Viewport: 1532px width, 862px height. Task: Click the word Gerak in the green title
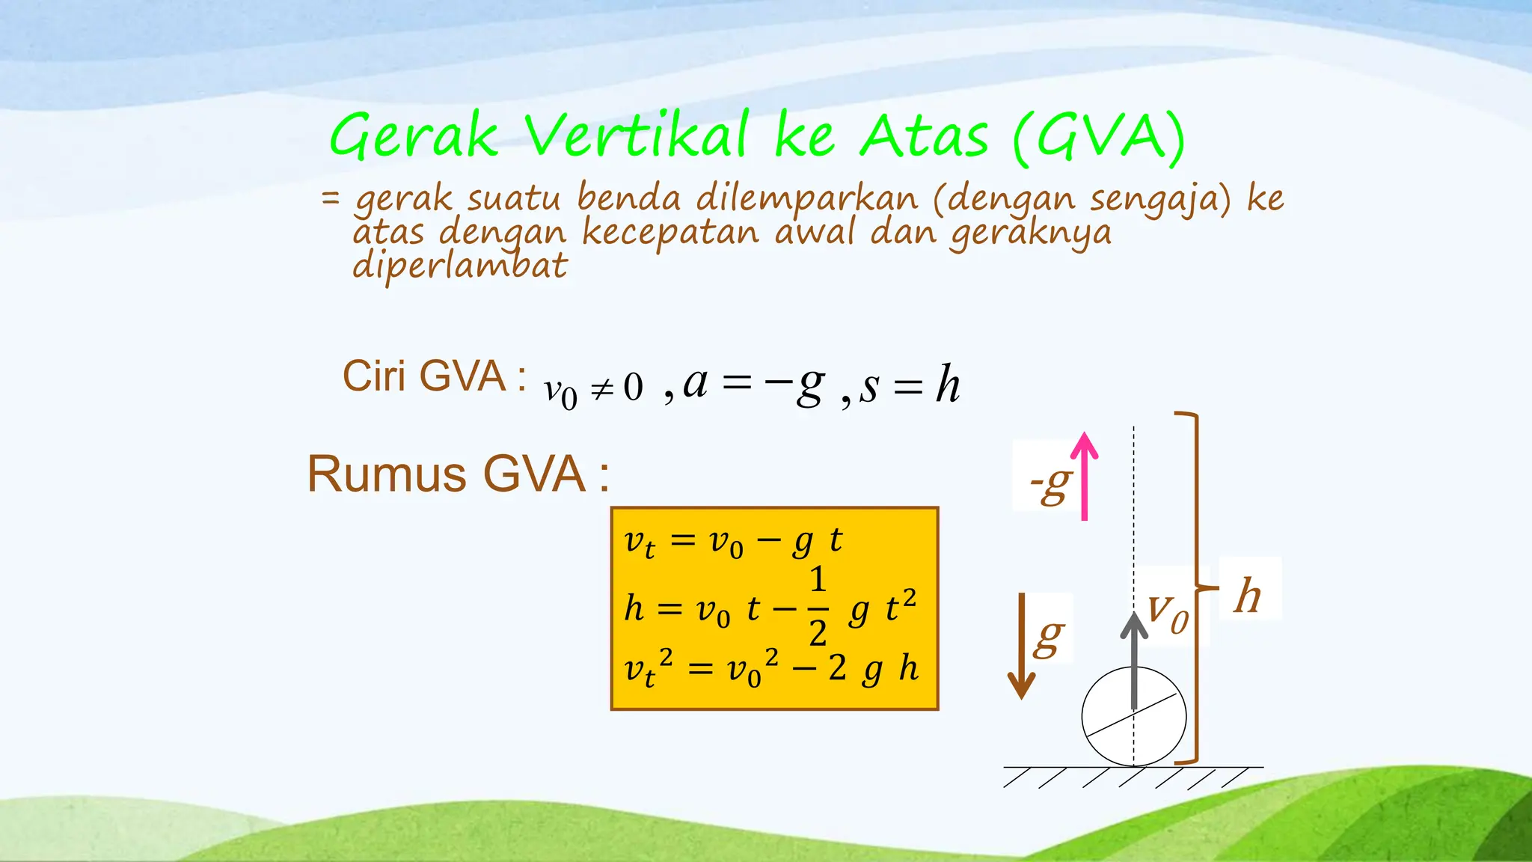tap(414, 137)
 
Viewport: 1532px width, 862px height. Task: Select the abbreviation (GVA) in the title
tap(1099, 137)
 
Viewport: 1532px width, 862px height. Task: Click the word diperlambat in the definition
tap(459, 266)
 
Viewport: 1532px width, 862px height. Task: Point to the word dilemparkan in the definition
tap(806, 199)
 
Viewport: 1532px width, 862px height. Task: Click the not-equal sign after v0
tap(602, 388)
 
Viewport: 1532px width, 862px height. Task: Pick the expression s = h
tap(910, 385)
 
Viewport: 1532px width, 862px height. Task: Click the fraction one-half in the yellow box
tap(818, 606)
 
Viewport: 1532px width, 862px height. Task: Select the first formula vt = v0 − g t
tap(733, 541)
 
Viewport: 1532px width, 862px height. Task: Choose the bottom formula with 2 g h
tap(770, 668)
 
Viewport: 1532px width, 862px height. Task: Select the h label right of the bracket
tap(1248, 596)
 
